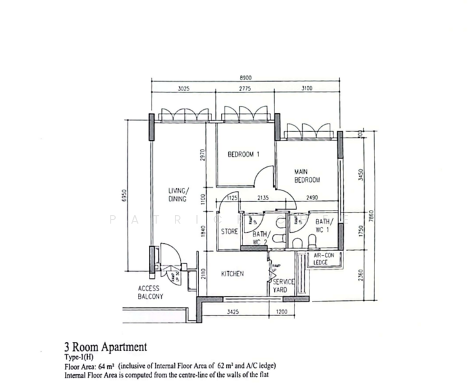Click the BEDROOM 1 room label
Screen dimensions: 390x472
(x=244, y=155)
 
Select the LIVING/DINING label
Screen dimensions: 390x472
(x=178, y=195)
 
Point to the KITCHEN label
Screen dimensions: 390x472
(x=232, y=274)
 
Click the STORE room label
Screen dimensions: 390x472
(x=229, y=231)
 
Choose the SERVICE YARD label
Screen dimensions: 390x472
(x=283, y=286)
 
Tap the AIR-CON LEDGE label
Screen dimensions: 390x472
(x=324, y=259)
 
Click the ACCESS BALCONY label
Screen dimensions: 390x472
(x=150, y=292)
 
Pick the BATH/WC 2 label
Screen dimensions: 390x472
(x=261, y=238)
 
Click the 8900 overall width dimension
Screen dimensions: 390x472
(x=246, y=77)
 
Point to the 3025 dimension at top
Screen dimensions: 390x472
(x=183, y=89)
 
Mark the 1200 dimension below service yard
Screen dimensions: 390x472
(x=283, y=312)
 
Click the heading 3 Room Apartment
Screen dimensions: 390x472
(x=105, y=347)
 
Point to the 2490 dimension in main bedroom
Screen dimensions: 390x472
(x=312, y=198)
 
